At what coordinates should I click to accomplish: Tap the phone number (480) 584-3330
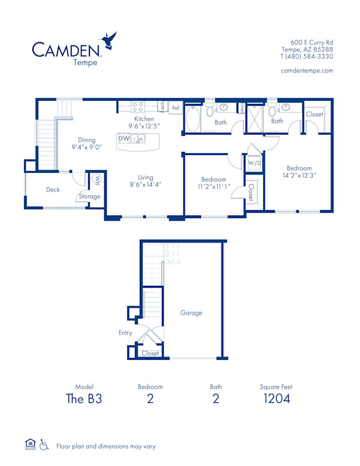(x=307, y=56)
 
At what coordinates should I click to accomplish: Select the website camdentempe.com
(x=307, y=70)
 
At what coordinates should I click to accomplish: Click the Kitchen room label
(x=144, y=119)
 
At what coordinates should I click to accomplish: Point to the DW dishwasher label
(x=124, y=139)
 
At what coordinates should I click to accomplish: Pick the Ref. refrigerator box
(x=176, y=108)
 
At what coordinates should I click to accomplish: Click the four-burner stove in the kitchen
(x=137, y=108)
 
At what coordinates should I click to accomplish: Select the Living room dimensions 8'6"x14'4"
(x=145, y=185)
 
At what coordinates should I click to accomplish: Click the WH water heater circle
(x=96, y=179)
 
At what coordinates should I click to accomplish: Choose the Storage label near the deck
(x=90, y=196)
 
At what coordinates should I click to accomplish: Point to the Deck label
(x=53, y=190)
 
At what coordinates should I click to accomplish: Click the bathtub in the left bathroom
(x=194, y=119)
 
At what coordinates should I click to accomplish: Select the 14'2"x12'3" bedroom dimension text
(x=298, y=175)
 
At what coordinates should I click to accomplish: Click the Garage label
(x=191, y=312)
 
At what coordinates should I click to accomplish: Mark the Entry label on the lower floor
(x=125, y=332)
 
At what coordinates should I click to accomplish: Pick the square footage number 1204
(x=276, y=398)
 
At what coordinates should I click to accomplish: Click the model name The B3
(x=85, y=398)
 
